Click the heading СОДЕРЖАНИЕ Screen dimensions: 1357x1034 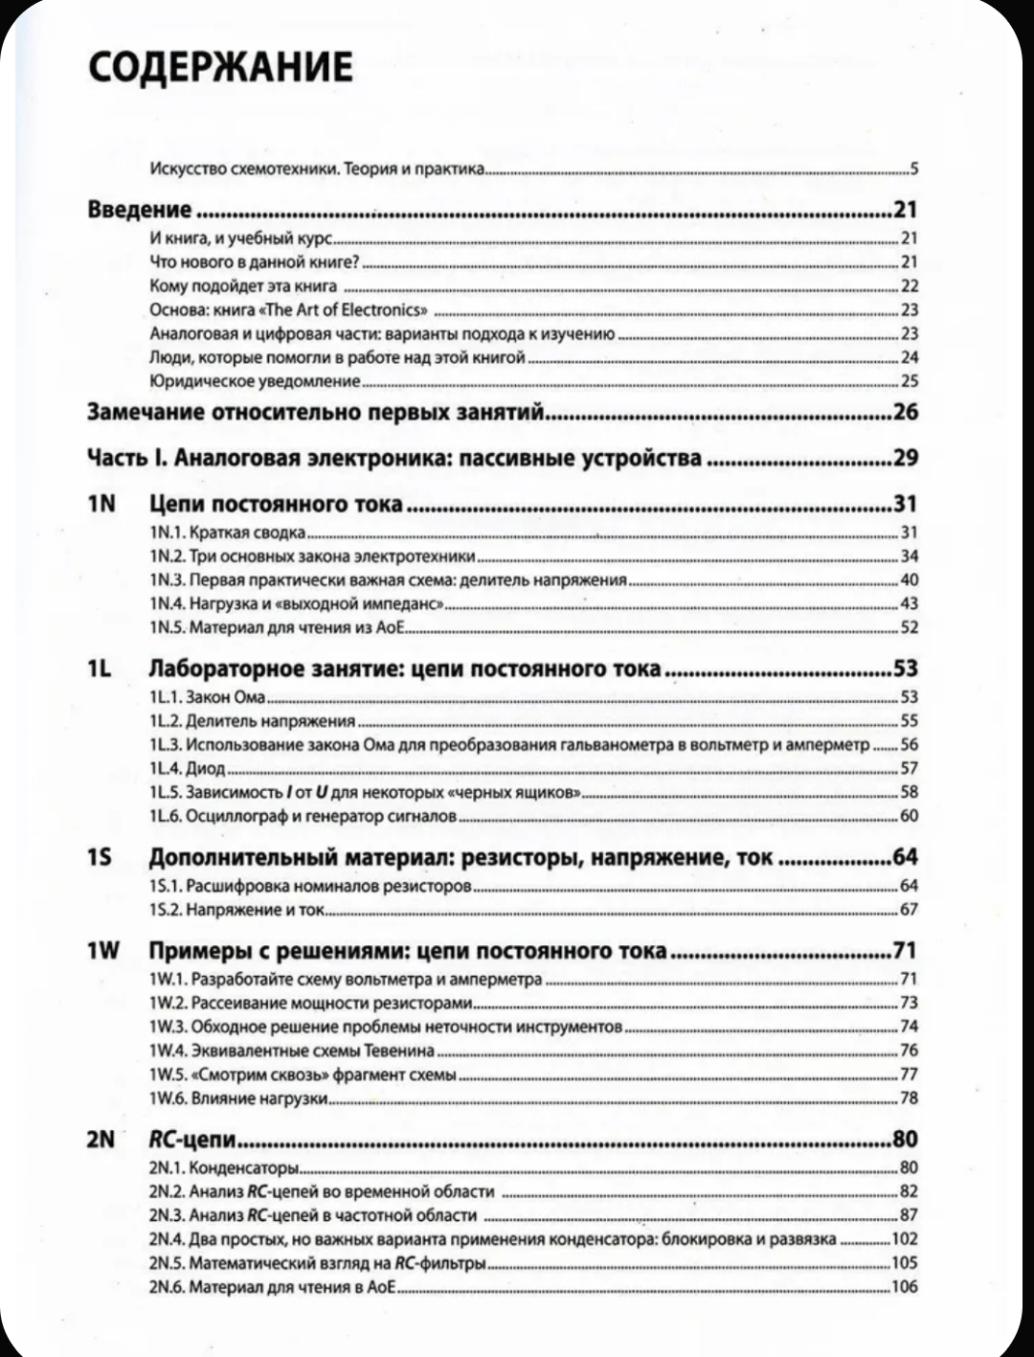[x=220, y=66]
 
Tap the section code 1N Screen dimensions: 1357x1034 [x=101, y=503]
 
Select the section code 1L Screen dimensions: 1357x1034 [x=100, y=667]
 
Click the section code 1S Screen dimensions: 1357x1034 [x=100, y=856]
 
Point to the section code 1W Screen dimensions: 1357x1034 [x=102, y=950]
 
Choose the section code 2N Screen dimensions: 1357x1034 [x=101, y=1139]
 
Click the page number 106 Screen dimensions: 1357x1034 [x=904, y=1286]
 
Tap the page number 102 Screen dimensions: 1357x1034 [x=904, y=1238]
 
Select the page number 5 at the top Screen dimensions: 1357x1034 [x=914, y=170]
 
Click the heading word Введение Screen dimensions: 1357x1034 [x=140, y=211]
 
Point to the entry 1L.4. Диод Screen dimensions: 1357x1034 [x=188, y=768]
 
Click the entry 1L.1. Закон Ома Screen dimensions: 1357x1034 [x=207, y=696]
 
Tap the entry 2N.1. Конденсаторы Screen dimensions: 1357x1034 [x=224, y=1167]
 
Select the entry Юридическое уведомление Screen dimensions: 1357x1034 [x=255, y=381]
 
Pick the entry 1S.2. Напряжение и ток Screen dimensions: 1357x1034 [x=237, y=909]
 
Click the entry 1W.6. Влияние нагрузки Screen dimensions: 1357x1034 [x=238, y=1097]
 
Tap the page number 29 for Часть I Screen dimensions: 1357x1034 [x=905, y=458]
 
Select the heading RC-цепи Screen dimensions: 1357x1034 [x=192, y=1140]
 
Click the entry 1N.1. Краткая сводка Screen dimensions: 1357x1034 [x=228, y=531]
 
